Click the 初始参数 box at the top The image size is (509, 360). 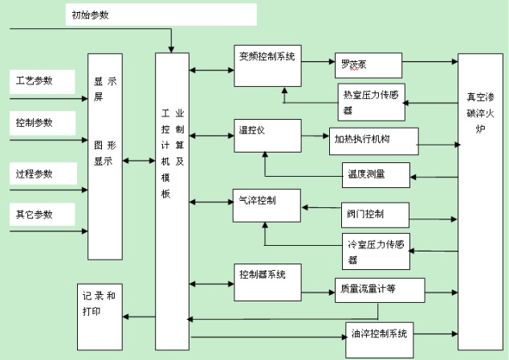[x=161, y=15]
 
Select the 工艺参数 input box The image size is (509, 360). [x=39, y=81]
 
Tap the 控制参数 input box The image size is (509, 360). [x=39, y=123]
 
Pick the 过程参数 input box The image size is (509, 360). [x=39, y=174]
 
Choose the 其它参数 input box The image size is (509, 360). [x=39, y=215]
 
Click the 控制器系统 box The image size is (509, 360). [x=267, y=277]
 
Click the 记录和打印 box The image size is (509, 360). [x=101, y=305]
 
